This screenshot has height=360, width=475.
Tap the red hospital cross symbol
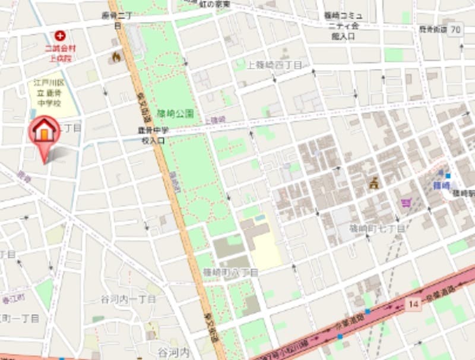coord(59,36)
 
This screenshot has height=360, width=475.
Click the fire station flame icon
coord(116,56)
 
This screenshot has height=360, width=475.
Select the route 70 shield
coord(455,29)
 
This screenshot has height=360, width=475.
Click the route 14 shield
coord(414,304)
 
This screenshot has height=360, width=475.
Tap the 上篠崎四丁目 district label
coord(274,65)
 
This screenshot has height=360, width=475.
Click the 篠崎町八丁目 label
coord(230,272)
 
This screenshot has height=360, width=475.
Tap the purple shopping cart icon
coord(406,203)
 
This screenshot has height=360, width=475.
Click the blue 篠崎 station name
coord(441,185)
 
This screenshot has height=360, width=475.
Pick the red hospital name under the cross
coord(59,53)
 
